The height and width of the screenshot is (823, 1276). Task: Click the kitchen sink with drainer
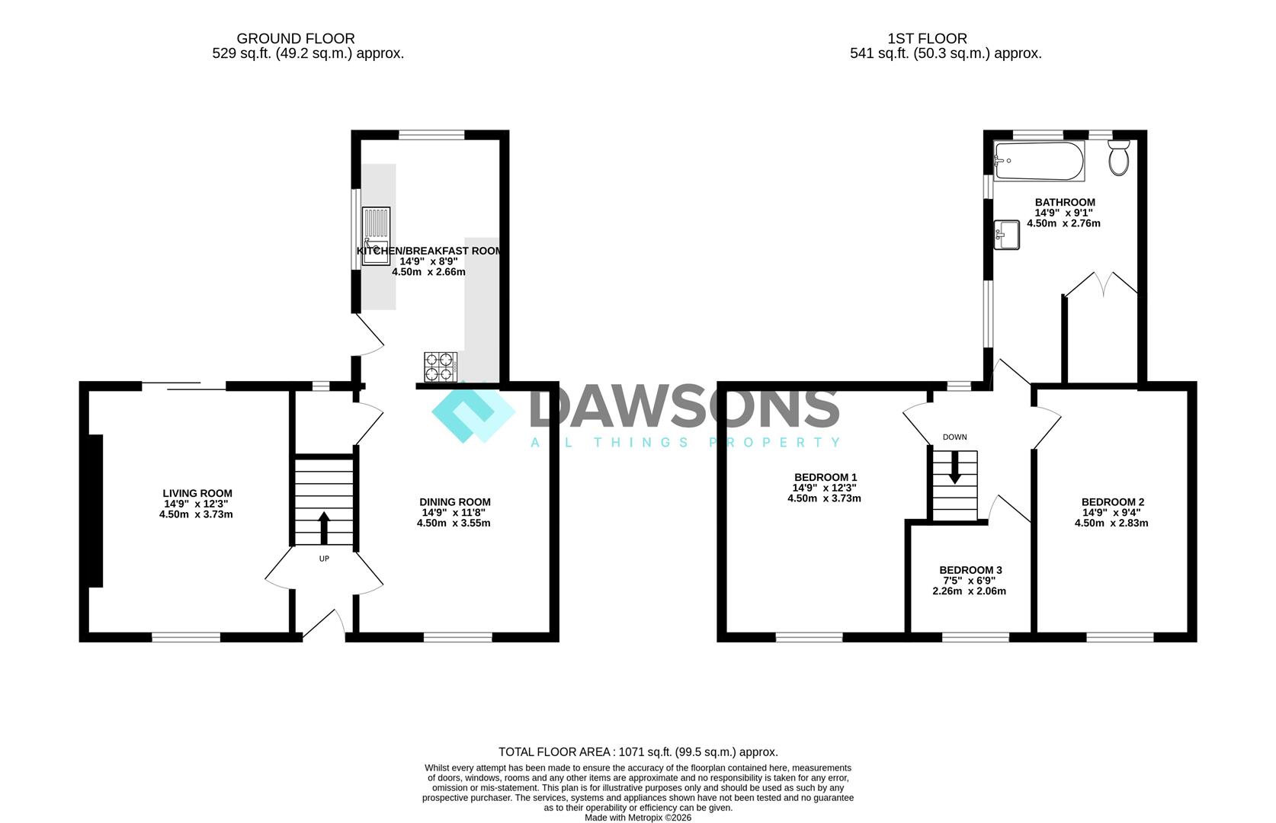pos(376,235)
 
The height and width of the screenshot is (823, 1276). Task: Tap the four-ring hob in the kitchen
pos(441,367)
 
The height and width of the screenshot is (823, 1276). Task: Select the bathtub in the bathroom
pos(1039,161)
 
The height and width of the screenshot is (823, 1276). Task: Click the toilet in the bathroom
pos(1119,158)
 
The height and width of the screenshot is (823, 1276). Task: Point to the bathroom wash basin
pos(1007,235)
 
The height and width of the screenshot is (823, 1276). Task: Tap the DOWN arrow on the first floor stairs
pos(954,467)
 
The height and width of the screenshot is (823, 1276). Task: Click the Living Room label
pos(197,493)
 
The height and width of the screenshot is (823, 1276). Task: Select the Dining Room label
pos(454,501)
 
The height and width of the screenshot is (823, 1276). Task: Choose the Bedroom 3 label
pos(970,570)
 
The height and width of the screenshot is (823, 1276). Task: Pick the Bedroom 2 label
pos(1113,501)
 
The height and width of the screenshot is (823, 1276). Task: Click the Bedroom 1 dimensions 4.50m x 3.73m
pos(824,498)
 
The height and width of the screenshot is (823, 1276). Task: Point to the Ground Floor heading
pos(296,38)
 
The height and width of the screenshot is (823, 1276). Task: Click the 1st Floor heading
pos(927,38)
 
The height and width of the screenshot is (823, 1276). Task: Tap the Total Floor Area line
pos(638,752)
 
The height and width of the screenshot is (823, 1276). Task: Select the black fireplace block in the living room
pos(96,511)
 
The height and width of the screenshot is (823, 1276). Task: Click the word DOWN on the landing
pos(955,437)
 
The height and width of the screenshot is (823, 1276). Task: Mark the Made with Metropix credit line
pos(638,818)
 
